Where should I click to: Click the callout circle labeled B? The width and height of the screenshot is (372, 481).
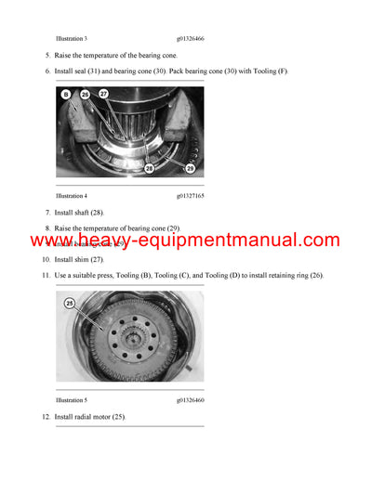[66, 95]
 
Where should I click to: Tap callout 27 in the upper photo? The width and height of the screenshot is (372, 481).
[103, 95]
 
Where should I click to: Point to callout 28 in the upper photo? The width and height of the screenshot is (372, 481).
[149, 167]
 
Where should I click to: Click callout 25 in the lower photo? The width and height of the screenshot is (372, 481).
[69, 303]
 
